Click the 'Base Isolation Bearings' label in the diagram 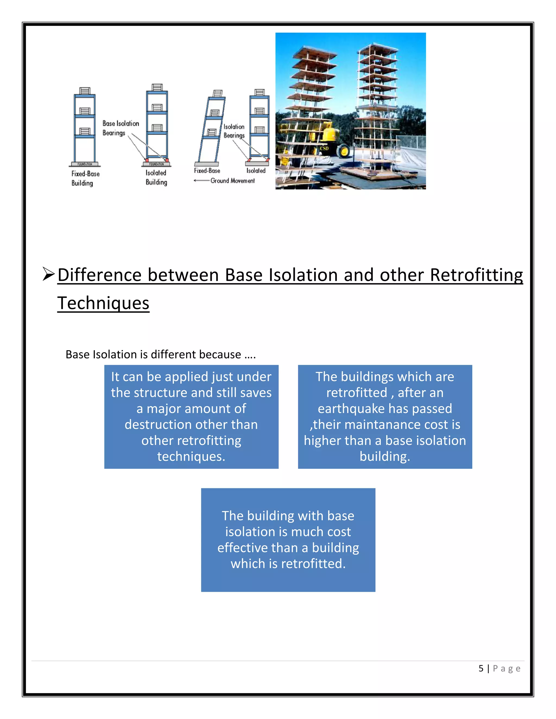(120, 128)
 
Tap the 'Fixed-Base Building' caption (85, 178)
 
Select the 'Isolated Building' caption (156, 177)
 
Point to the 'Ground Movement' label (233, 181)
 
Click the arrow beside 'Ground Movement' (201, 181)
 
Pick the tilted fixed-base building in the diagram (211, 128)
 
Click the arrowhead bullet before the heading (48, 274)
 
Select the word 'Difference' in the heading (99, 275)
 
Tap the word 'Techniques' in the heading (103, 303)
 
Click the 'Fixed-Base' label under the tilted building (207, 171)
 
